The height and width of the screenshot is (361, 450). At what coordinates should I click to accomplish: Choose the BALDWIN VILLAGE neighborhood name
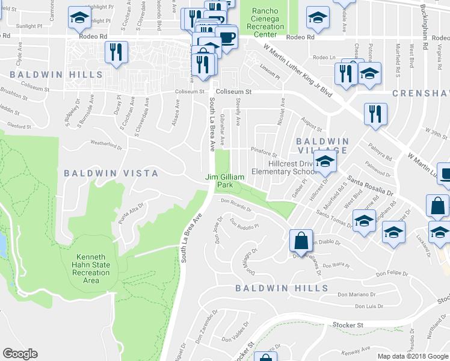click(322, 145)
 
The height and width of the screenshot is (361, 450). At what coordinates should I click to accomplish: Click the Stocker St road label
click(352, 325)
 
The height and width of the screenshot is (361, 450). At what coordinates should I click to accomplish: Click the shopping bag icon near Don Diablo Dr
click(300, 241)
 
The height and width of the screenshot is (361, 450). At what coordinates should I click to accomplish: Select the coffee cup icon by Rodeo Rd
click(227, 37)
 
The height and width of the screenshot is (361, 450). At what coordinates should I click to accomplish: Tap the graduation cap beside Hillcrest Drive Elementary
click(325, 162)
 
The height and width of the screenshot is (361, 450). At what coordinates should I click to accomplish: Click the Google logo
click(20, 354)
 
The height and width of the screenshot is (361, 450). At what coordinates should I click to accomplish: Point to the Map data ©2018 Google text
click(413, 356)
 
